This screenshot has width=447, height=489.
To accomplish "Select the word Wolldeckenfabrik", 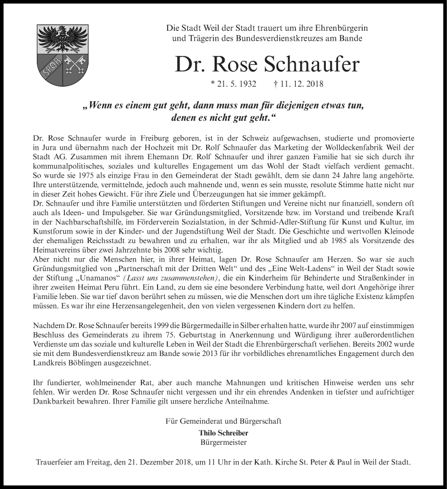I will (336, 146).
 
